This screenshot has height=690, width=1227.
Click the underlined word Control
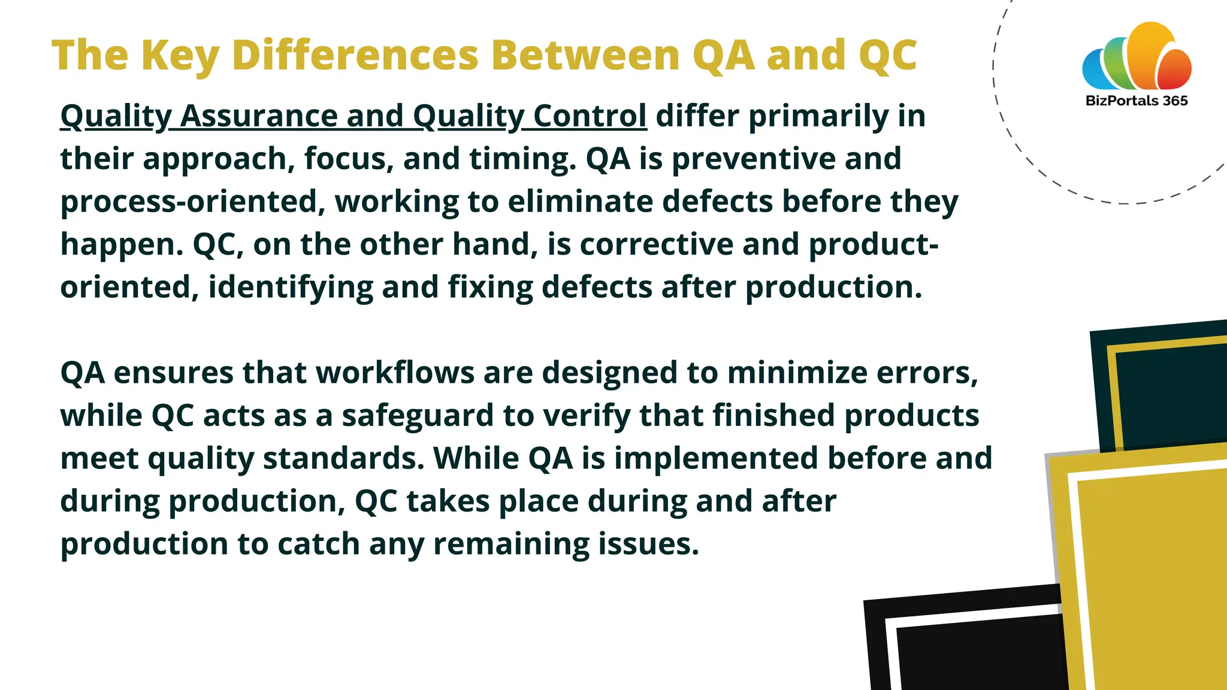[590, 116]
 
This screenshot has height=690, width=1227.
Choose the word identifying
[290, 287]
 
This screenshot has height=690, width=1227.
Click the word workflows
[395, 373]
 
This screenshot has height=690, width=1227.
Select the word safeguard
[418, 416]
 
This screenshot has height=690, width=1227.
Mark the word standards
[343, 458]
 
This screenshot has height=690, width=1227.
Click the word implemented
[716, 458]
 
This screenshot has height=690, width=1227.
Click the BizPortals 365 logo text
[1136, 101]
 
